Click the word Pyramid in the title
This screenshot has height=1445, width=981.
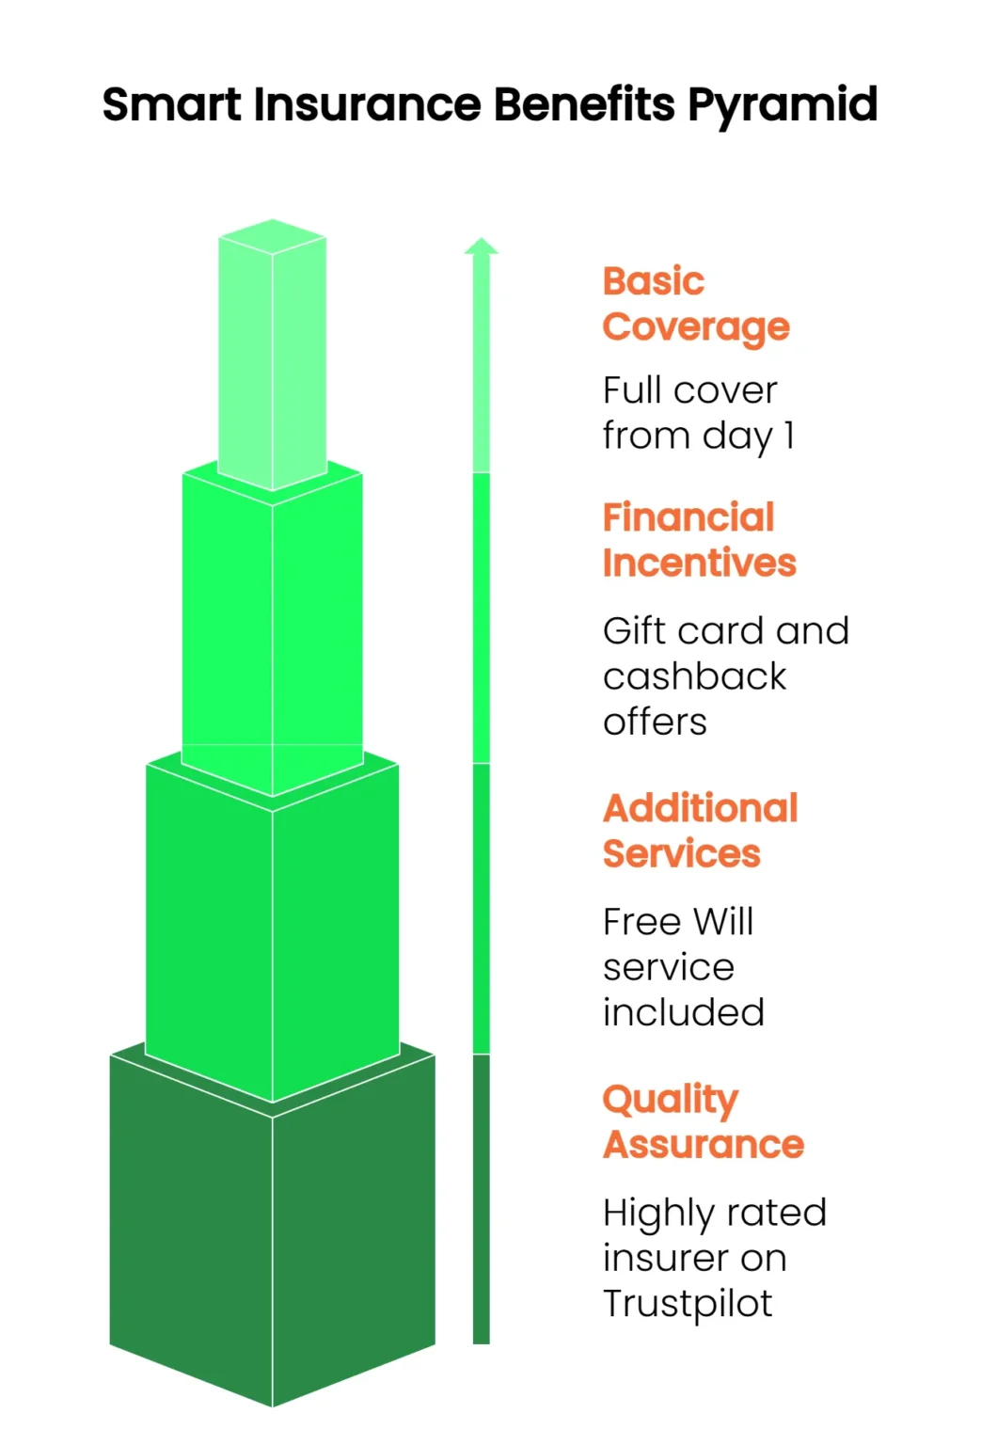tap(782, 105)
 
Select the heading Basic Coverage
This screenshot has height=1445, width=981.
tap(696, 304)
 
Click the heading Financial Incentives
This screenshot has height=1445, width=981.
tap(699, 540)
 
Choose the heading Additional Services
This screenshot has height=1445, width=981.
tap(701, 831)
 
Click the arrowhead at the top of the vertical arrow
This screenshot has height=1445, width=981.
tap(482, 246)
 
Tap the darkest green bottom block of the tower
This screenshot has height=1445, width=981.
tap(272, 1226)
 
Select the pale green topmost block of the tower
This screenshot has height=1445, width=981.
tap(272, 355)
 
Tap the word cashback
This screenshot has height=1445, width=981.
tap(695, 676)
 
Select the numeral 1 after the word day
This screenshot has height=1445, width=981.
tap(789, 437)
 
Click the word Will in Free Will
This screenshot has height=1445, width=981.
tap(723, 921)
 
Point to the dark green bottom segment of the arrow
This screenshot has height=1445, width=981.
tap(482, 1199)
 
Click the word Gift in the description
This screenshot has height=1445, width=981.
tap(635, 630)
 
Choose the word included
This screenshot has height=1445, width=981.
tap(684, 1012)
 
